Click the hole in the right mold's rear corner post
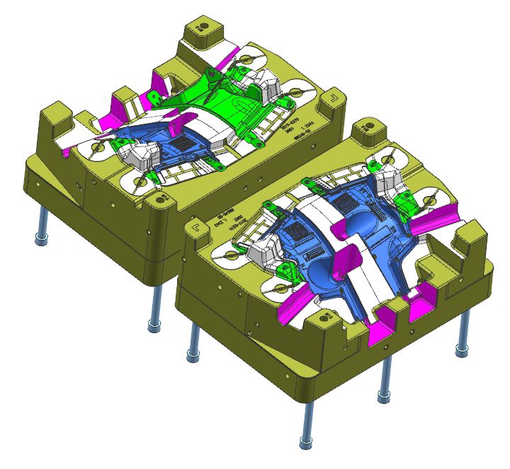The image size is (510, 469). click(x=368, y=128)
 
